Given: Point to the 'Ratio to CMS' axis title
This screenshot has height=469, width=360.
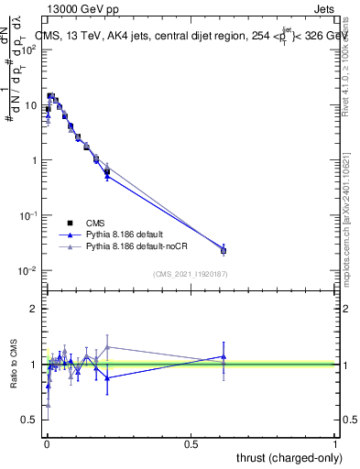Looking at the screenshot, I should point(13,364).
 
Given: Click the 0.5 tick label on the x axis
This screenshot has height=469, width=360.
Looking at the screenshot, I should point(191,444).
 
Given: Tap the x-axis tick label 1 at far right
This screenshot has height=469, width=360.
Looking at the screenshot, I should point(335,444).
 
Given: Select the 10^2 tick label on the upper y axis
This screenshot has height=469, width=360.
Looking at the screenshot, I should point(29,49).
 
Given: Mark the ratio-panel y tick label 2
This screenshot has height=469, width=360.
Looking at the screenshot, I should point(35,310).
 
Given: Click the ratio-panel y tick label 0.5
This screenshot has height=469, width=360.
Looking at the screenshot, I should point(30,420).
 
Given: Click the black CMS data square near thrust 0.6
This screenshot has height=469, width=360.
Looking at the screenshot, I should point(224,250).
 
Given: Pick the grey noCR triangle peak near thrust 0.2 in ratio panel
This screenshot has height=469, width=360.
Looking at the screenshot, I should point(108,346).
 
